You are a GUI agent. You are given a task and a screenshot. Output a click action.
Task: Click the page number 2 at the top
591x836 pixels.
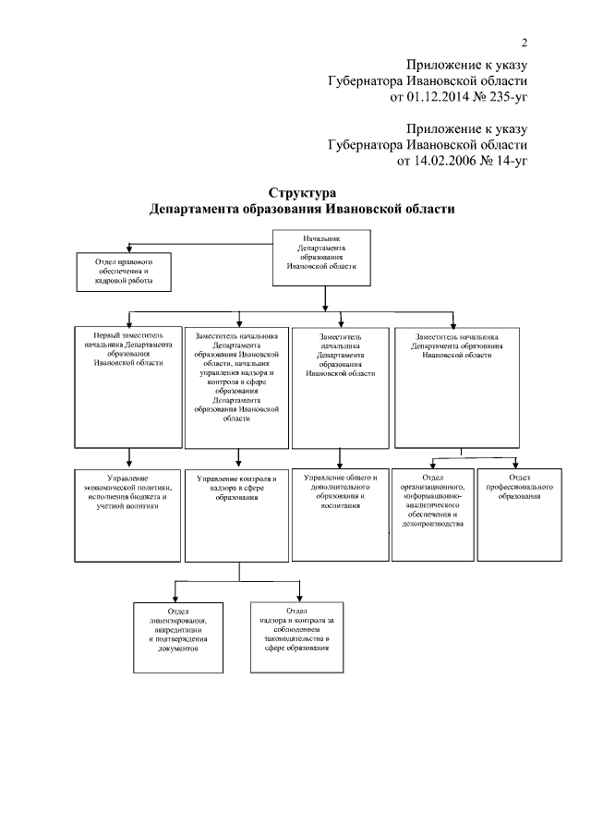click(524, 42)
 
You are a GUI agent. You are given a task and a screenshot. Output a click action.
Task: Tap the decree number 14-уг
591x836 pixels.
click(511, 161)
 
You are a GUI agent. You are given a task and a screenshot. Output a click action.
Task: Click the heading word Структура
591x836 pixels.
click(296, 194)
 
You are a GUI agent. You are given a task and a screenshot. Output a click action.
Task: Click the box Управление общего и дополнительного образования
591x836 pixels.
click(341, 514)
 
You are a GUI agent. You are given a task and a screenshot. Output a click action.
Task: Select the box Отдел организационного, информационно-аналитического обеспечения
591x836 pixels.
click(432, 514)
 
